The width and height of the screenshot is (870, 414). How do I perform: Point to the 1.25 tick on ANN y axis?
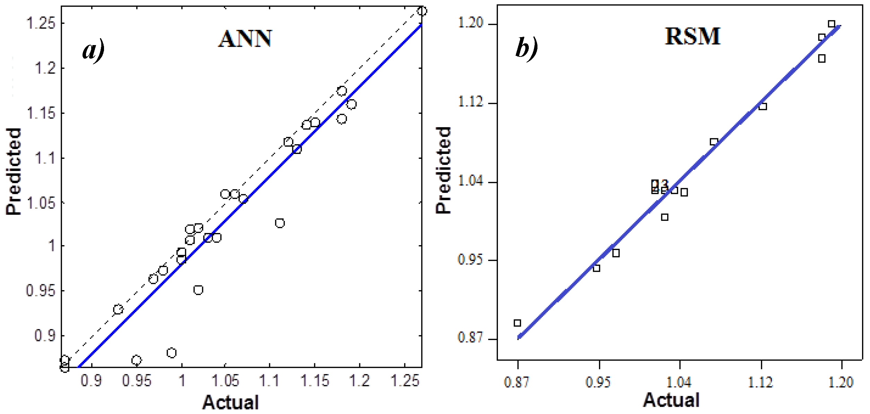coord(41,23)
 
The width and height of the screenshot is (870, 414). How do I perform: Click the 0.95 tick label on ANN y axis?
coord(41,291)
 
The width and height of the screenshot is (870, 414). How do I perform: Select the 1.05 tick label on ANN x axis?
coord(225,381)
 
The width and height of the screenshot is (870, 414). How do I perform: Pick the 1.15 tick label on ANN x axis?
coord(315,381)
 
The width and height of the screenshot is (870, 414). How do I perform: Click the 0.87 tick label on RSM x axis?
coord(517,382)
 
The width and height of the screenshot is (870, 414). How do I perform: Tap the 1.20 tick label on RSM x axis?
coord(841,382)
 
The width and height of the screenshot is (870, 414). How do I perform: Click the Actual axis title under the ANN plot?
coord(231,402)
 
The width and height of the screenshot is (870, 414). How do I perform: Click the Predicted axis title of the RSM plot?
coord(443,170)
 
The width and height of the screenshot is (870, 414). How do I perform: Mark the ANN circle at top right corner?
coord(422,11)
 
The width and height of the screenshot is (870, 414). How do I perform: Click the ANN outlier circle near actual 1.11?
coord(280,223)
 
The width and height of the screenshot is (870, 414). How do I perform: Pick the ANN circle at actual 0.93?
coord(118,309)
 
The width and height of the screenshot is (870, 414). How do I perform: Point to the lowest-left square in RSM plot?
coord(517,323)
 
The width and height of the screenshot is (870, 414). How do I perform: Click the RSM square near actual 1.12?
coord(763,106)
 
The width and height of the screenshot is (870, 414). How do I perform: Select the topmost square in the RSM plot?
coord(832,24)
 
